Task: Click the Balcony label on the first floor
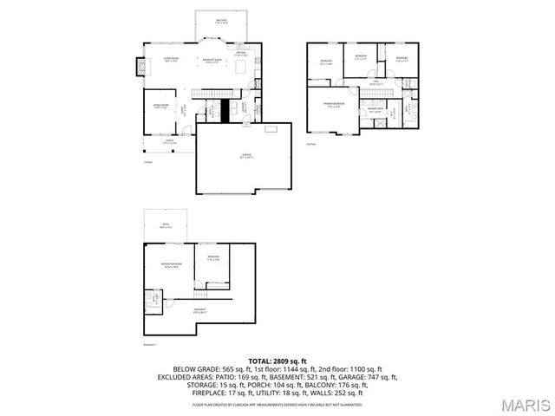221,22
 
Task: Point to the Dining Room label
161,107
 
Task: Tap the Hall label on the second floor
376,82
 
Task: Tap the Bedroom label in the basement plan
212,258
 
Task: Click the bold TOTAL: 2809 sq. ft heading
277,360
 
